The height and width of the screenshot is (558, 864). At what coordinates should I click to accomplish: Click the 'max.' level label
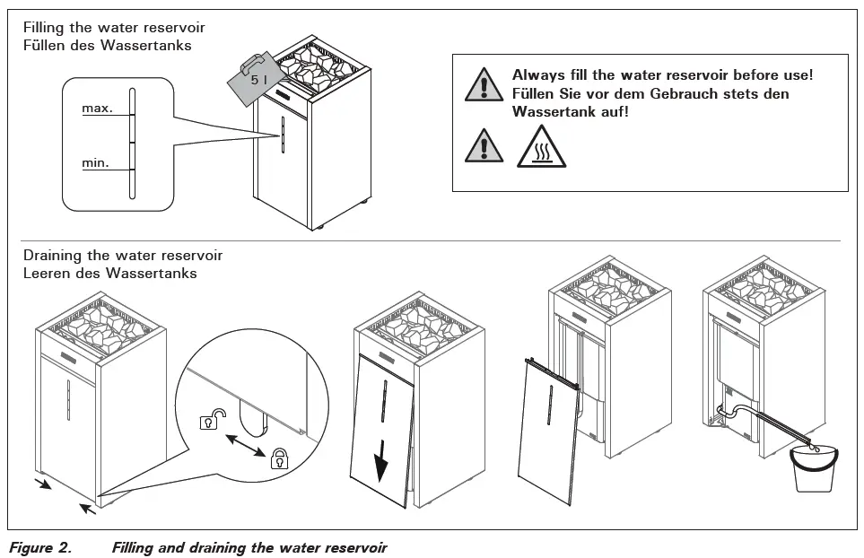[x=97, y=109]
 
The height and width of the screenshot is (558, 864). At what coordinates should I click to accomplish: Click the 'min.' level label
[x=96, y=162]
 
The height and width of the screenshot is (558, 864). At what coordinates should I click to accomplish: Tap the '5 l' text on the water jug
[x=258, y=81]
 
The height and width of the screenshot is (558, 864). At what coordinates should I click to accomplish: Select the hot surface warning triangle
[x=541, y=146]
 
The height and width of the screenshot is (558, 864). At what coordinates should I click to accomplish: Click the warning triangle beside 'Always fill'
[x=484, y=83]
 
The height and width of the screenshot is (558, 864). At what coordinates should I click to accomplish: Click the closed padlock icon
[x=279, y=458]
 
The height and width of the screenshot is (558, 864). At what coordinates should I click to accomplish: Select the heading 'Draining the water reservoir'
[x=123, y=256]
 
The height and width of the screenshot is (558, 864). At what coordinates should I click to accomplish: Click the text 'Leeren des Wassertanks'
[x=109, y=273]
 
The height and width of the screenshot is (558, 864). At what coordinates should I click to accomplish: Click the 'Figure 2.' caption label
[x=40, y=546]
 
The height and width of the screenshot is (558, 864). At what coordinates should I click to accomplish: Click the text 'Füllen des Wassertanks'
[x=107, y=45]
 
